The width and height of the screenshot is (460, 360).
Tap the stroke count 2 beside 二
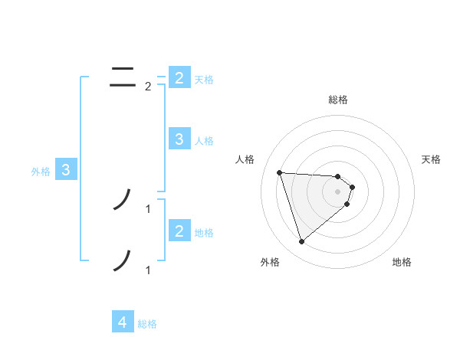[x=148, y=86]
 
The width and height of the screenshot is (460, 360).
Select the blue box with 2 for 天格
[x=179, y=78]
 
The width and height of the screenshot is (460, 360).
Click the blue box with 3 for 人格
[x=179, y=139]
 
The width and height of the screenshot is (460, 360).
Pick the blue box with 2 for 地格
[x=179, y=231]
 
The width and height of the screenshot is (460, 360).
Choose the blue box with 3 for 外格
[x=66, y=170]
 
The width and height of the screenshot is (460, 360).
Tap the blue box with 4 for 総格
[x=123, y=322]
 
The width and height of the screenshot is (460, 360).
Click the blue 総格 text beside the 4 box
[x=147, y=324]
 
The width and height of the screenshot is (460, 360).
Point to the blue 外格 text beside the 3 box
[x=41, y=172]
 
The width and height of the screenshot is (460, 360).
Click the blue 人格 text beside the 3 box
[x=204, y=141]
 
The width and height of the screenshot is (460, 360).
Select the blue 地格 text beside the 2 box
[x=204, y=233]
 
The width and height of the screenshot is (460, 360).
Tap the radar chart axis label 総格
[x=338, y=100]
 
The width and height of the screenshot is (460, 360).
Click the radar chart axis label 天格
[x=432, y=159]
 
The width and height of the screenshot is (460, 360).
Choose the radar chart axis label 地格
[x=402, y=262]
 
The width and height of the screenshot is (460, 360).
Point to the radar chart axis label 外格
[x=270, y=262]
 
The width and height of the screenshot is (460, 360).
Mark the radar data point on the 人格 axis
[x=279, y=172]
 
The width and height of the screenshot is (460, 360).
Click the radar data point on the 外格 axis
[x=301, y=242]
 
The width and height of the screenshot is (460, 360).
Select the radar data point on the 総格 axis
[x=338, y=176]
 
